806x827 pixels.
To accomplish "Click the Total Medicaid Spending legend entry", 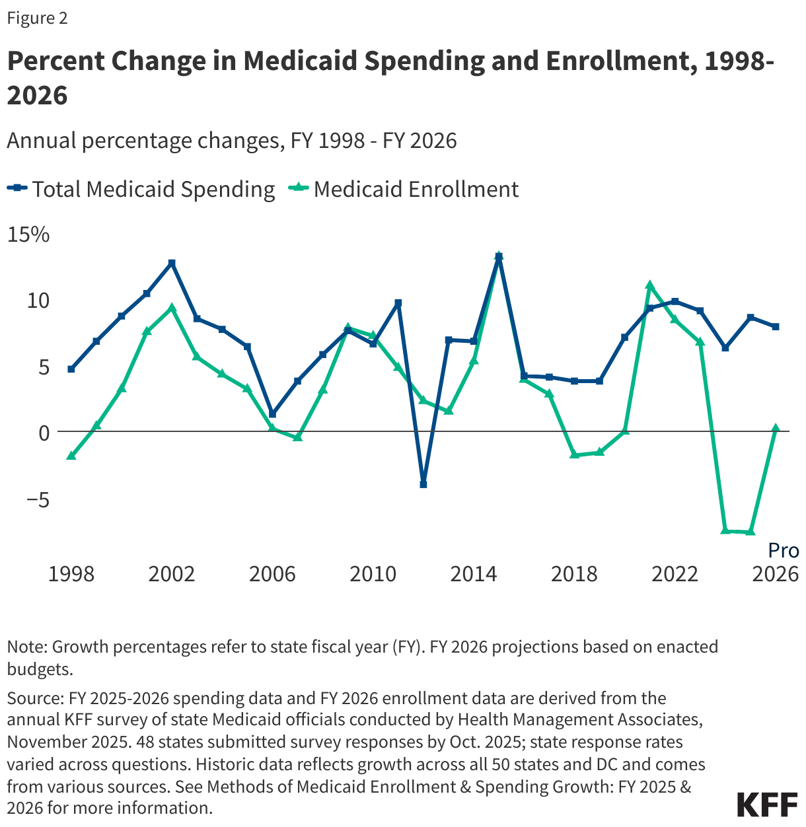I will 141,190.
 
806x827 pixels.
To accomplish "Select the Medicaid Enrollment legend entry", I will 404,190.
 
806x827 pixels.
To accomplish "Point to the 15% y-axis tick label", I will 28,234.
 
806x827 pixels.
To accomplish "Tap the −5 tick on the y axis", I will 37,499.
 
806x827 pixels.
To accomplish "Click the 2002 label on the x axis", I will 172,574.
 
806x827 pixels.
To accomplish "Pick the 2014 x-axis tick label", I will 474,574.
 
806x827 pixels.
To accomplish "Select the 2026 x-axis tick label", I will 776,574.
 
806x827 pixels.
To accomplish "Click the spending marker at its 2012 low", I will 423,484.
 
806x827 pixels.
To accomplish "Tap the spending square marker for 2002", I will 172,263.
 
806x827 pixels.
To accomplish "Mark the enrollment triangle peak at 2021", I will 650,285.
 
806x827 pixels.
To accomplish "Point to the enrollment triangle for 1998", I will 71,456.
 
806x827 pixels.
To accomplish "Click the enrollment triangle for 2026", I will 776,428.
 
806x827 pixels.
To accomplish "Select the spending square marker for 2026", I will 776,327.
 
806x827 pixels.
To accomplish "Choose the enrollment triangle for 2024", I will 725,530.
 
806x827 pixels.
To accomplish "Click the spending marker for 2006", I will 272,414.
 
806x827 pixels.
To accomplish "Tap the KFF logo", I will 767,805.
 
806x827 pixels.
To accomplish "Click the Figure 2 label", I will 37,18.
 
